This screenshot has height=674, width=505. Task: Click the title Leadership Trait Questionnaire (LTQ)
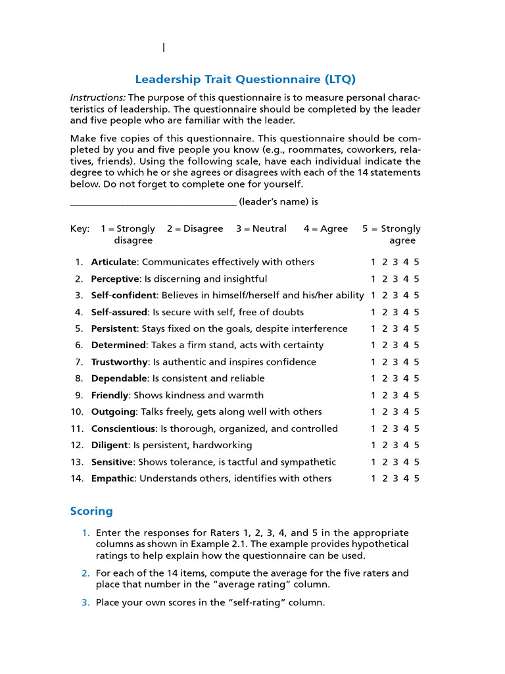(x=245, y=80)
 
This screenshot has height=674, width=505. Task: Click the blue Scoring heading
(x=91, y=511)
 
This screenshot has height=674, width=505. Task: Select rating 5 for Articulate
(x=416, y=262)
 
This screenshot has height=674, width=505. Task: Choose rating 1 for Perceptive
(x=373, y=279)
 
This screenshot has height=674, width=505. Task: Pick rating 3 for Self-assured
(x=395, y=313)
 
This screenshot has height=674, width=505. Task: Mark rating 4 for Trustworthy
(x=406, y=362)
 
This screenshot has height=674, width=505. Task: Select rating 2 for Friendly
(x=385, y=396)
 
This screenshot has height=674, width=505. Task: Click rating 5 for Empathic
(x=416, y=479)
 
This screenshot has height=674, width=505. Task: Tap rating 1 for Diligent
(x=373, y=446)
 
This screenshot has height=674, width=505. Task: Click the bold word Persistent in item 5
(x=114, y=329)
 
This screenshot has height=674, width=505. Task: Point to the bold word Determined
(x=118, y=346)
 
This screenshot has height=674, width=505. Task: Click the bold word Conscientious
(x=123, y=429)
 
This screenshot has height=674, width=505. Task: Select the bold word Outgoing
(x=113, y=412)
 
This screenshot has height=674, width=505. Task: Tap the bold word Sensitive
(x=112, y=463)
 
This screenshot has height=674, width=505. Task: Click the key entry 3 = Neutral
(x=261, y=229)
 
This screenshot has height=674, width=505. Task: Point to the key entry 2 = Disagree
(x=195, y=229)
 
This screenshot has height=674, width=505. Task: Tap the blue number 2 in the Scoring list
(x=85, y=573)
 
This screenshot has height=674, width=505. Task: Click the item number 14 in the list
(x=77, y=479)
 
